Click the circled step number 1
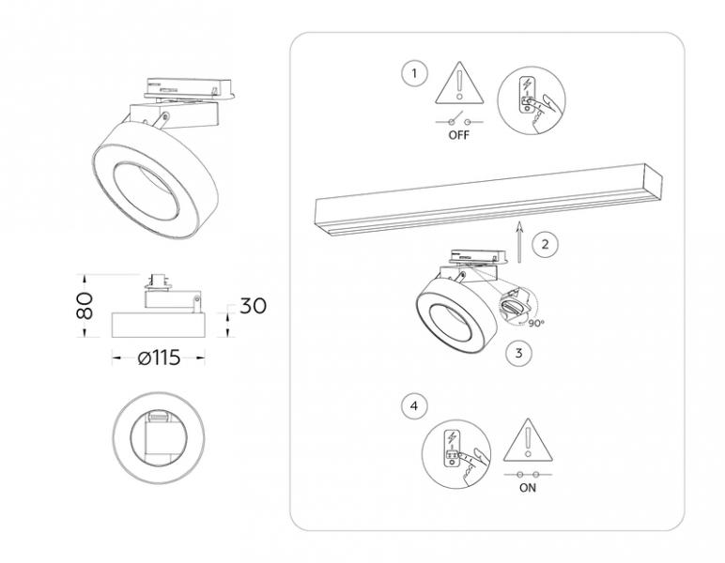[414, 73]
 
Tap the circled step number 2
[545, 244]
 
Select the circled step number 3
[518, 354]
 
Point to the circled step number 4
[414, 406]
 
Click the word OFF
[458, 135]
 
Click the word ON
[528, 488]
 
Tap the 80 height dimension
[85, 306]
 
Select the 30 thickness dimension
[253, 306]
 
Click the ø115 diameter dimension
[159, 358]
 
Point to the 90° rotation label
[535, 324]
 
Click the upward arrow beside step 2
[519, 242]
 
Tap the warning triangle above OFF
[459, 83]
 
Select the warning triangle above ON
[528, 440]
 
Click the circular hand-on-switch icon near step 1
[532, 100]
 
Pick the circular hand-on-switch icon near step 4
[456, 453]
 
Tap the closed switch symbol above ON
[528, 474]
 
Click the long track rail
[488, 201]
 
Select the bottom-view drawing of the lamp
[159, 438]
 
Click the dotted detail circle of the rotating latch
[518, 306]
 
